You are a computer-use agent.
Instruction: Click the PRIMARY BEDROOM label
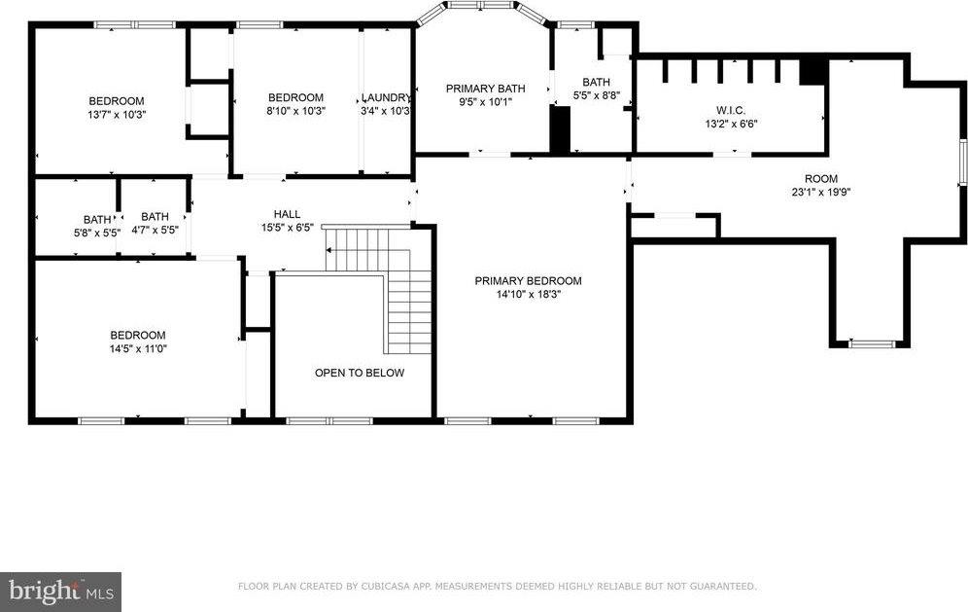coord(528,280)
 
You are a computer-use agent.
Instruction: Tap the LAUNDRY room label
coord(386,97)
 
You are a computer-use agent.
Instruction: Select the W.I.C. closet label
coord(731,110)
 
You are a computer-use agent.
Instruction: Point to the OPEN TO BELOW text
coord(360,373)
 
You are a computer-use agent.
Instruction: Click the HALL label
coord(287,214)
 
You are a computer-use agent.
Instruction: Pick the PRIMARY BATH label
coord(485,89)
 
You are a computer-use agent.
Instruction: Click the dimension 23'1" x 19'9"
coord(821,193)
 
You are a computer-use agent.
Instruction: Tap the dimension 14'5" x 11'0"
coord(138,348)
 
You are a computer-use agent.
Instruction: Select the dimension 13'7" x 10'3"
coord(117,115)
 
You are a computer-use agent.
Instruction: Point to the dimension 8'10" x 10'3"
coord(295,111)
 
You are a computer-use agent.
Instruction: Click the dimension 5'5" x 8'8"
coord(597,95)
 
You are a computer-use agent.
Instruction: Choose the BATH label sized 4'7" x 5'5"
coord(155,216)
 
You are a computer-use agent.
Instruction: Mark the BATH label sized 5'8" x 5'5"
coord(97,220)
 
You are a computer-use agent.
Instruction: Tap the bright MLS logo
coord(60,593)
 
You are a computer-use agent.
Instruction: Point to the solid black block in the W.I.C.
coord(813,72)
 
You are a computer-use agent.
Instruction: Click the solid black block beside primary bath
coord(560,129)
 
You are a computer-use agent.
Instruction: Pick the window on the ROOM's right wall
coord(962,162)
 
